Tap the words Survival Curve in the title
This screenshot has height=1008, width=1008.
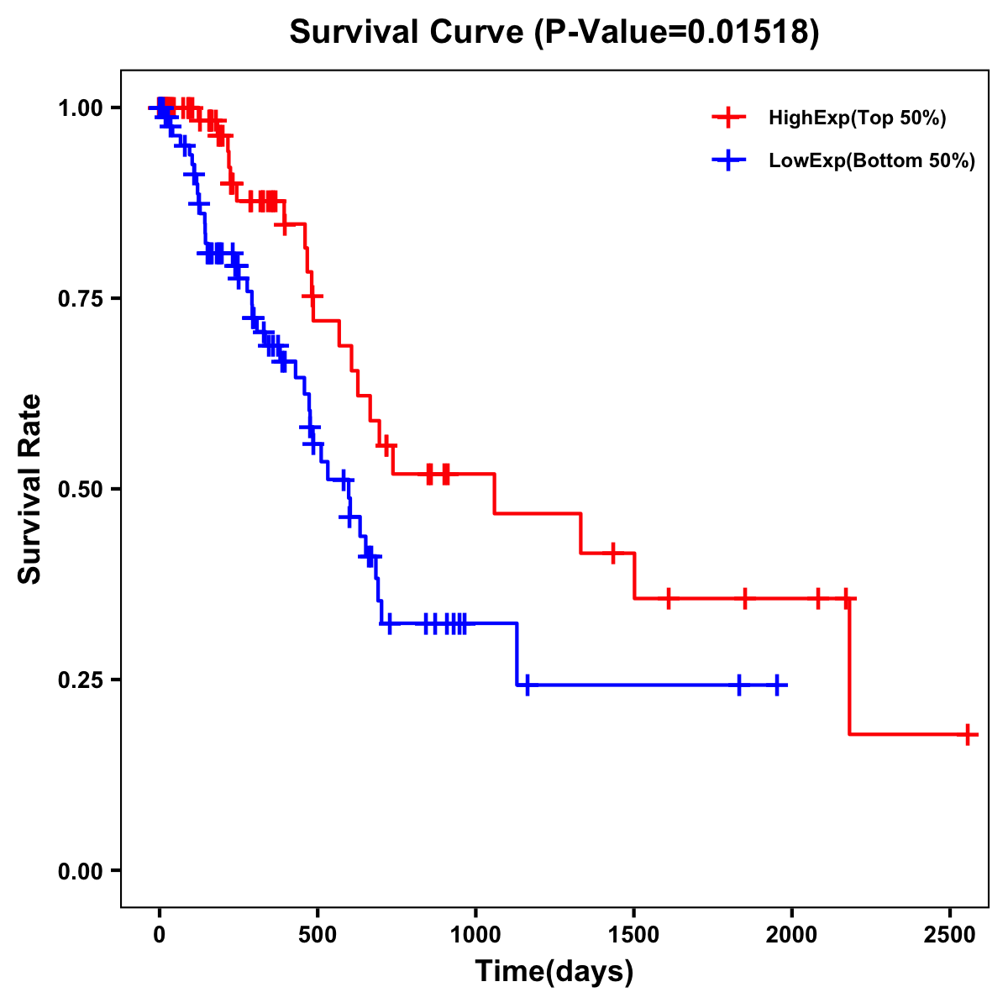(x=407, y=33)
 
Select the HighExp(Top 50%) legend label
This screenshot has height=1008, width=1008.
(x=858, y=118)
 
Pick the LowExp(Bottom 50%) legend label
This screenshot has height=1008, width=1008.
(x=872, y=161)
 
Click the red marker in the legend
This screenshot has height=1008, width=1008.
(x=728, y=118)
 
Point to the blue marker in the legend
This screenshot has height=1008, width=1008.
(x=728, y=160)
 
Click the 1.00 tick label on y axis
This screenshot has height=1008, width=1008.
(x=80, y=108)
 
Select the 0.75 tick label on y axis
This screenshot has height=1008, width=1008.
(x=80, y=298)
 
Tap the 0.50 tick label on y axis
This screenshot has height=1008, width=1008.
(x=80, y=489)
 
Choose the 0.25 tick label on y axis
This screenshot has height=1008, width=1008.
(x=80, y=680)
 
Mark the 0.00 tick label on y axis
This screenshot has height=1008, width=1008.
(x=80, y=870)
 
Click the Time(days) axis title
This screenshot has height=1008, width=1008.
(x=554, y=972)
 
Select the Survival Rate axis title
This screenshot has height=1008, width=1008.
(x=30, y=489)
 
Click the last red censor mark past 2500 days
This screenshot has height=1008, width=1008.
(x=968, y=734)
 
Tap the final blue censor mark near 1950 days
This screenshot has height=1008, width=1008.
(x=778, y=685)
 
